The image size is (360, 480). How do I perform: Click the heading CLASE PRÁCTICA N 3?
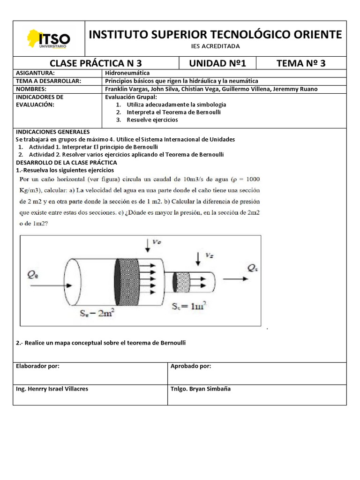click(96, 64)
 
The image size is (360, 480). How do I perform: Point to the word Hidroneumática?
click(127, 74)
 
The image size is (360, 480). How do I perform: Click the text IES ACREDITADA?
click(216, 46)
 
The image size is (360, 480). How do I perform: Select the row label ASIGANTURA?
click(35, 74)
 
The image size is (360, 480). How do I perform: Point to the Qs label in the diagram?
click(252, 268)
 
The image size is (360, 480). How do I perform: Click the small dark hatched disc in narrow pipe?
click(181, 281)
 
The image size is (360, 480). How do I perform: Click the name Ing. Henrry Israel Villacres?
click(52, 389)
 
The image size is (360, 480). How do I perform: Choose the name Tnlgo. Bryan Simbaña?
click(201, 389)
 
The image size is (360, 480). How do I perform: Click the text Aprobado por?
click(191, 366)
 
